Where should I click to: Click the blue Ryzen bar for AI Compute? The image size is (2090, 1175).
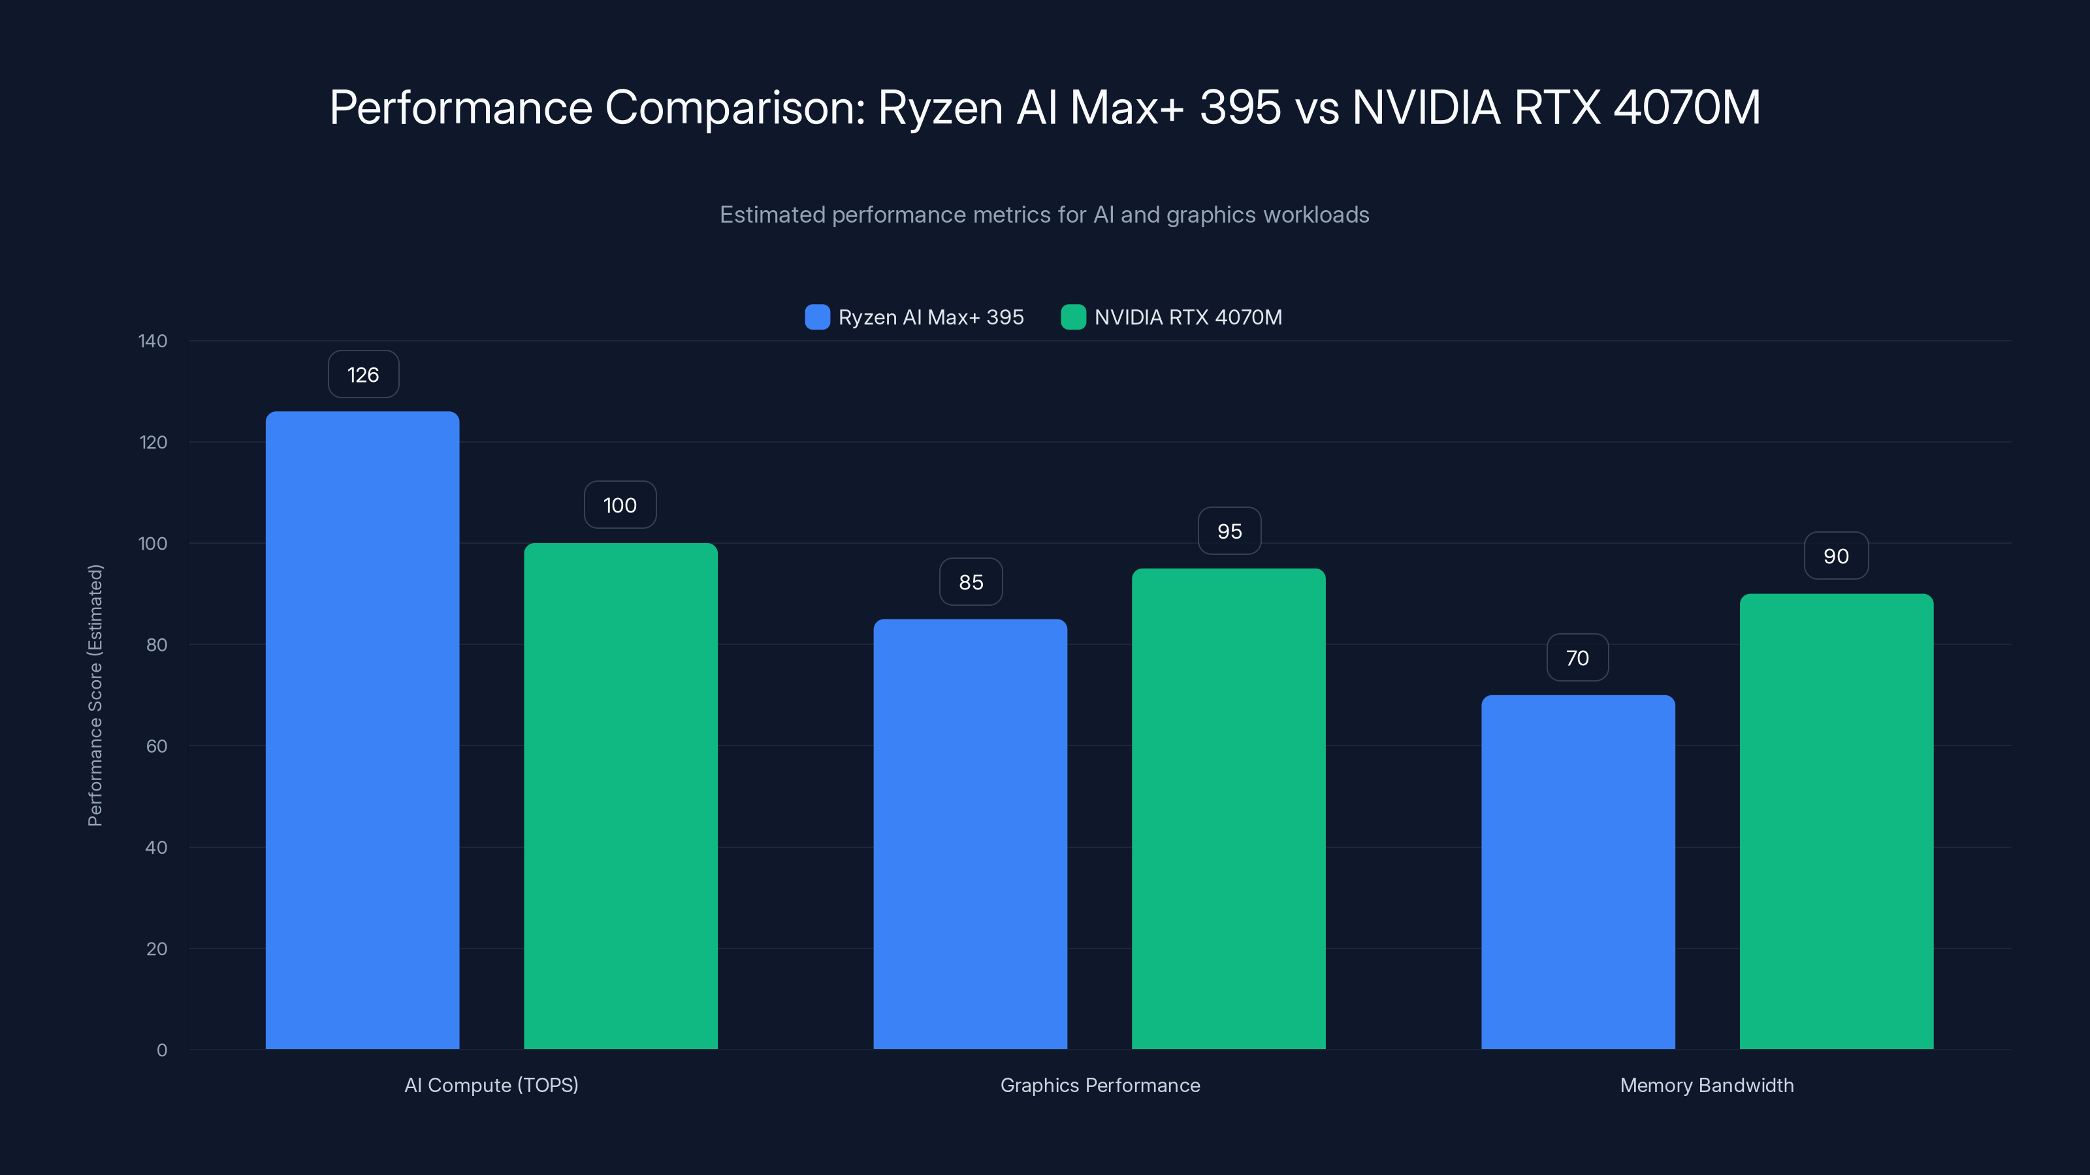[x=362, y=730]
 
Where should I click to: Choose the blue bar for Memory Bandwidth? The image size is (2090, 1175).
[x=1578, y=871]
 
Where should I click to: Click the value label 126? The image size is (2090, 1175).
[x=362, y=375]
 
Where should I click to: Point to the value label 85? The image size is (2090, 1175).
[x=971, y=582]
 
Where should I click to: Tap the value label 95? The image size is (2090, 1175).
[x=1229, y=531]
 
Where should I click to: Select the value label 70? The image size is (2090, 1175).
[x=1577, y=657]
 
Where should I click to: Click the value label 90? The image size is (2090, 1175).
[x=1836, y=556]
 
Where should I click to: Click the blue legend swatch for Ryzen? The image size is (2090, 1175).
[x=817, y=317]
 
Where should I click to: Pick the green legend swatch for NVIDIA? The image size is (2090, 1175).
[x=1073, y=317]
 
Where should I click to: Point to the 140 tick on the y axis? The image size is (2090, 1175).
[x=153, y=341]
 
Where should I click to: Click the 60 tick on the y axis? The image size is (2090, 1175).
[x=157, y=746]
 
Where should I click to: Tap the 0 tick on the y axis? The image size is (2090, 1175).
[x=162, y=1050]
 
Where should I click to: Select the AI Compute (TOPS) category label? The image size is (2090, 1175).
[x=491, y=1085]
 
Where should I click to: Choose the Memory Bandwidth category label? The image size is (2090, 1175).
[x=1706, y=1085]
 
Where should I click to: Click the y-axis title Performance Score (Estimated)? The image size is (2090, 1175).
[x=95, y=695]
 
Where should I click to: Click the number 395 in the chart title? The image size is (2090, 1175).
[x=1240, y=108]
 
